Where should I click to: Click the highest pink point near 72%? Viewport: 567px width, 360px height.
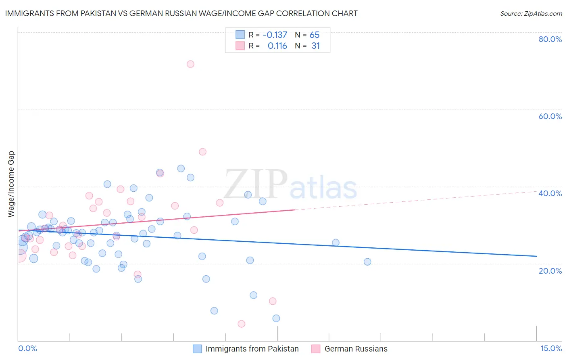click(x=190, y=64)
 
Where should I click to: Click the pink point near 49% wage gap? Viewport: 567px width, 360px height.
click(x=202, y=152)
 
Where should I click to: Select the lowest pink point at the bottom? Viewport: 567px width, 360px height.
click(x=241, y=324)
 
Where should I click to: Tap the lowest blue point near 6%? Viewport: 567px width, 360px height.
click(x=276, y=318)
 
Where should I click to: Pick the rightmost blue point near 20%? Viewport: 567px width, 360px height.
click(x=367, y=262)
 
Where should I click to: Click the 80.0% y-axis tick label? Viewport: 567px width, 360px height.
click(x=550, y=39)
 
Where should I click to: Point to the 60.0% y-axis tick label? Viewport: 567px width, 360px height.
click(x=550, y=116)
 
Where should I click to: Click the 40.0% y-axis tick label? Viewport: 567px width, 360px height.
click(x=550, y=193)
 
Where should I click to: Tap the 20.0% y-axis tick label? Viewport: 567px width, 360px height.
click(x=550, y=270)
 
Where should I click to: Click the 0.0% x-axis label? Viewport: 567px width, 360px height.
click(x=27, y=348)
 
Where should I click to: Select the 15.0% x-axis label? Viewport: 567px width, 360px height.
click(x=551, y=348)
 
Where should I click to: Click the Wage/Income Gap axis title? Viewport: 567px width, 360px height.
click(x=11, y=184)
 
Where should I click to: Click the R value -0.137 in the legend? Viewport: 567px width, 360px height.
click(x=275, y=35)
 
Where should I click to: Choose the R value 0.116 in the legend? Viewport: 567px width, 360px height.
click(x=277, y=46)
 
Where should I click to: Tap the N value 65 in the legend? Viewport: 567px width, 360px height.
click(x=315, y=35)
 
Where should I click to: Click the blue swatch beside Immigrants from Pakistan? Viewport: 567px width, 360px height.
click(x=197, y=349)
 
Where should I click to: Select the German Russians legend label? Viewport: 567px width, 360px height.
click(x=356, y=349)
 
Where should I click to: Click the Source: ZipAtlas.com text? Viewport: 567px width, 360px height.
click(x=531, y=14)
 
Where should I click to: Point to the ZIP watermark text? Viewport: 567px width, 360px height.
click(x=256, y=184)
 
